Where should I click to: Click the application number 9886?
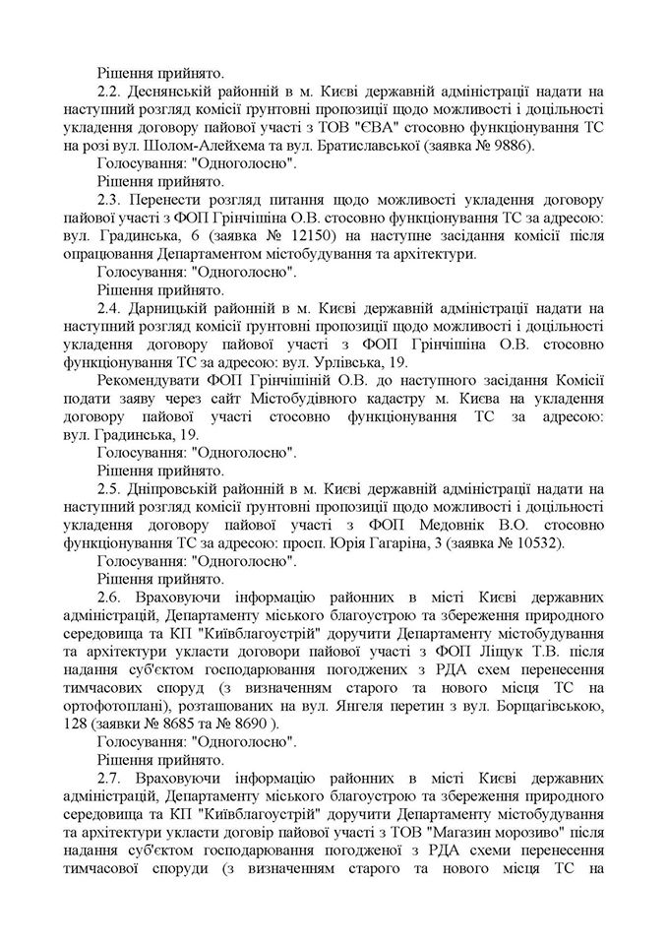click(511, 145)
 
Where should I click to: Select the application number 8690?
click(252, 725)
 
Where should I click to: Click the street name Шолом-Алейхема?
click(180, 145)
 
